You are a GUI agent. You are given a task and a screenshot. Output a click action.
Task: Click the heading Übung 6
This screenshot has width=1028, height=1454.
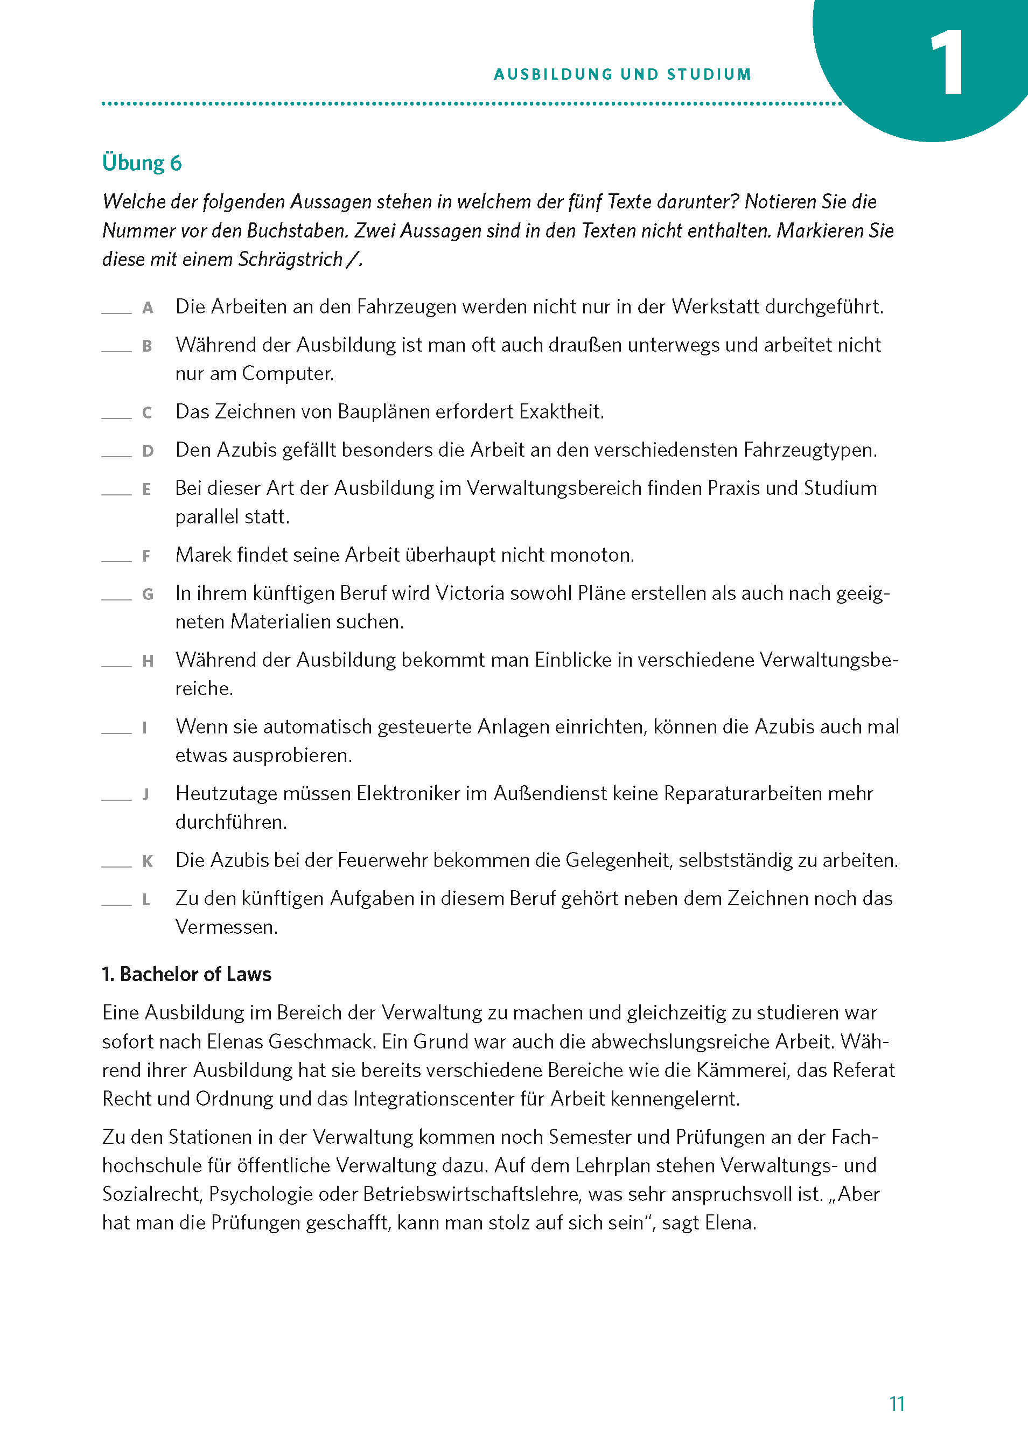142,163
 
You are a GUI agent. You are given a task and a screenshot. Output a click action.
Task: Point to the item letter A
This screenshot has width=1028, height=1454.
148,308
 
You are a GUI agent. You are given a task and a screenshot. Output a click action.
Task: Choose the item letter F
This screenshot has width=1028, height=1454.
146,556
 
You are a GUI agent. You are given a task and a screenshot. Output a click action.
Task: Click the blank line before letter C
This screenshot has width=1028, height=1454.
116,417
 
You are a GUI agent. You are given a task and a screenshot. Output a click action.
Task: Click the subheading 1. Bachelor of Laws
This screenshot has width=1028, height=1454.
187,974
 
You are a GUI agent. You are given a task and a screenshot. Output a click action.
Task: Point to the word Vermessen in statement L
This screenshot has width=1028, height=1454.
226,927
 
